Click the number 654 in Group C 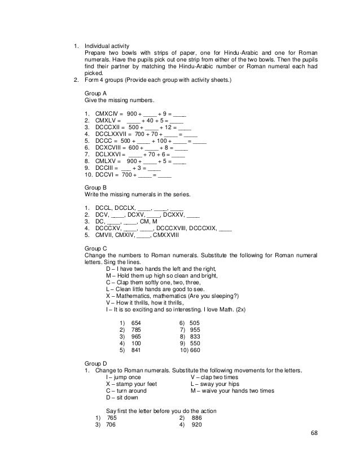136,322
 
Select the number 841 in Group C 136,349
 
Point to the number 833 195,336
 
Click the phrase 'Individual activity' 107,46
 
